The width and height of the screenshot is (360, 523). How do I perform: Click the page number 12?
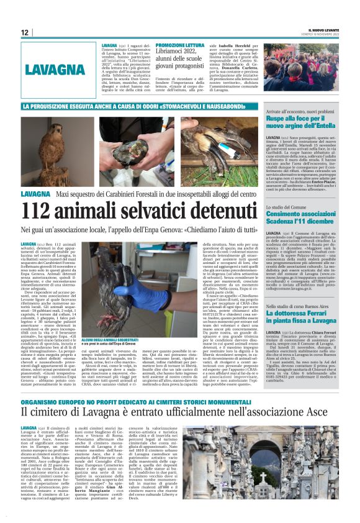click(25, 32)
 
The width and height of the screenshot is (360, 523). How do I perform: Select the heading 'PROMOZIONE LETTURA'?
click(180, 46)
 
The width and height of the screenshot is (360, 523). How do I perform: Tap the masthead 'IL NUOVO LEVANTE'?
click(322, 30)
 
